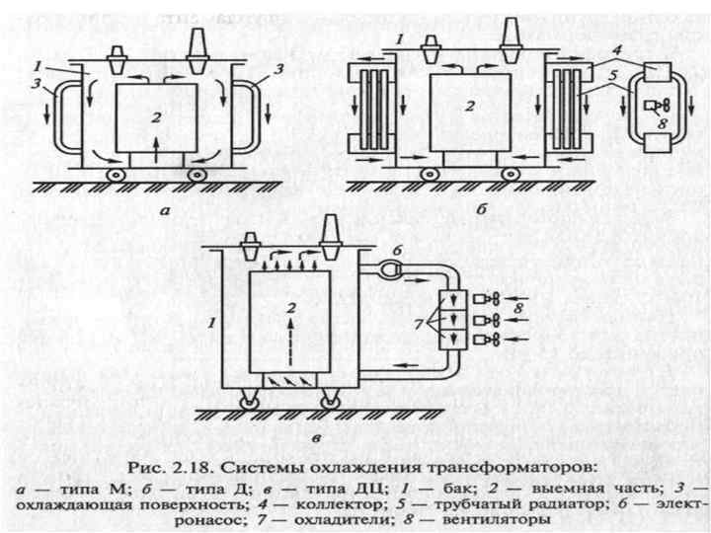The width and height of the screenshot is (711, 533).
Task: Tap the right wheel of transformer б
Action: (x=511, y=174)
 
